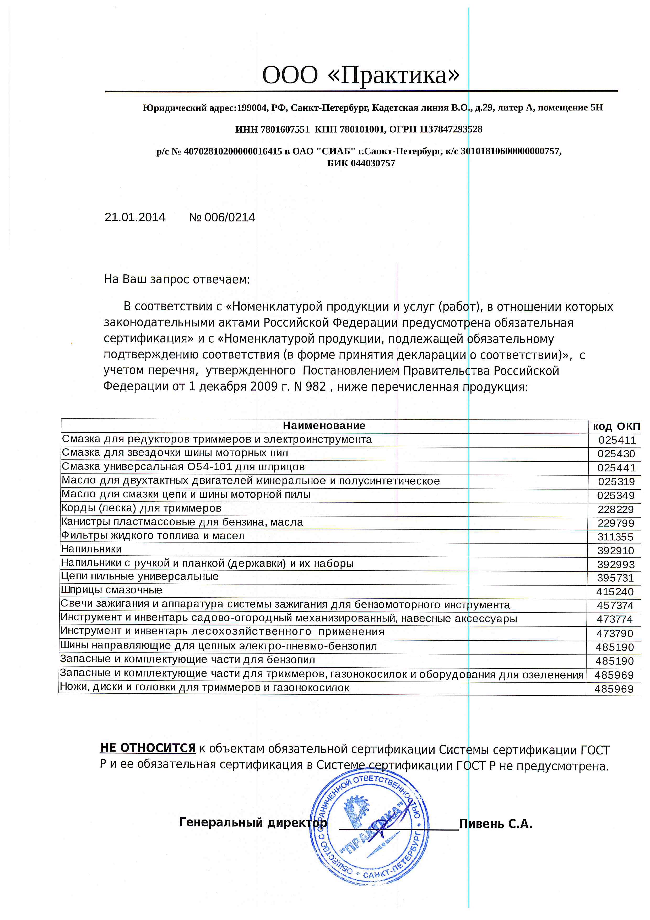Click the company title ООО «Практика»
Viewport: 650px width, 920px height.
[x=361, y=75]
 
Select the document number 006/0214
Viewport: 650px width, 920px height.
[x=229, y=217]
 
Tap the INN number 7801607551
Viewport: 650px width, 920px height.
[x=285, y=129]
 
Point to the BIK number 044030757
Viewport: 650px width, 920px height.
[x=373, y=163]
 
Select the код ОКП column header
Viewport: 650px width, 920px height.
[x=616, y=426]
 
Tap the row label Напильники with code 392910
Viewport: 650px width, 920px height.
[x=91, y=549]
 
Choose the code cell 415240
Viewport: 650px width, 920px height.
[x=615, y=592]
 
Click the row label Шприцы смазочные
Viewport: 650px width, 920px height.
[x=111, y=590]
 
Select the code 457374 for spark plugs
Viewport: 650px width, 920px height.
[x=615, y=605]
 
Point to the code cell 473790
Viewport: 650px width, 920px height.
[x=615, y=634]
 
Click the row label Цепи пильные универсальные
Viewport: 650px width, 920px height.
[x=140, y=577]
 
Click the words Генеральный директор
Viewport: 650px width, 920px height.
[x=253, y=822]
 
